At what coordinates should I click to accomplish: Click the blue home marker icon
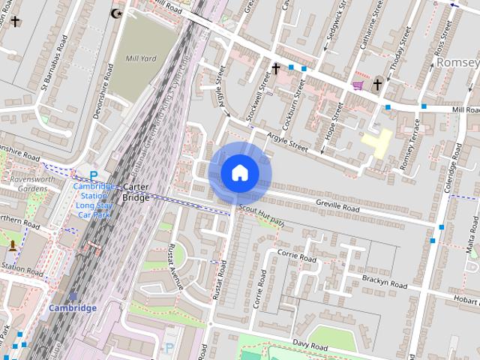(239, 173)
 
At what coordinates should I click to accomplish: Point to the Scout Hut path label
(262, 215)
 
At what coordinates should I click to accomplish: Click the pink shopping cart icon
(357, 85)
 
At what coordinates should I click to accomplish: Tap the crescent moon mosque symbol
(115, 13)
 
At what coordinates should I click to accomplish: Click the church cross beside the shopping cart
(377, 84)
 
